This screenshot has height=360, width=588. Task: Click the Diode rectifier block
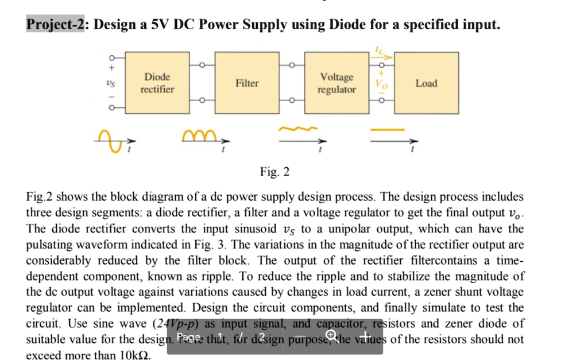157,83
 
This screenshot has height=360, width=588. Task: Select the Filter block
247,83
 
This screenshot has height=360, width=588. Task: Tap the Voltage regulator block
337,83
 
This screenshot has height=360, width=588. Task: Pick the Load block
426,83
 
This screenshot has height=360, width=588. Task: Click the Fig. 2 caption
275,172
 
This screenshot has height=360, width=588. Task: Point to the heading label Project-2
56,25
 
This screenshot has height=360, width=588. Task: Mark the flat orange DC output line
383,129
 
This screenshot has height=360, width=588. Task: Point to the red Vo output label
381,83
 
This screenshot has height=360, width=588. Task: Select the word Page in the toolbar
189,336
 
